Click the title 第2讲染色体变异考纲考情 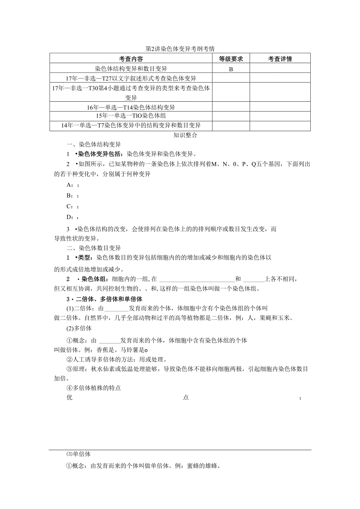click(x=180, y=49)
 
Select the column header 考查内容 click(x=131, y=59)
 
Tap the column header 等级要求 click(x=230, y=59)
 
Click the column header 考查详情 click(x=280, y=59)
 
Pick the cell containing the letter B click(x=230, y=69)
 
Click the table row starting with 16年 click(x=131, y=107)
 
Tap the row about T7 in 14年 click(x=131, y=126)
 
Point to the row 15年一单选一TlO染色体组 click(x=131, y=116)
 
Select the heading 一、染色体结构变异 click(x=94, y=144)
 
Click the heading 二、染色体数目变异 click(x=94, y=248)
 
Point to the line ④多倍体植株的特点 click(x=94, y=388)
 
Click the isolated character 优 click(x=70, y=398)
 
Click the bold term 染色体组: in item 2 click(x=94, y=279)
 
